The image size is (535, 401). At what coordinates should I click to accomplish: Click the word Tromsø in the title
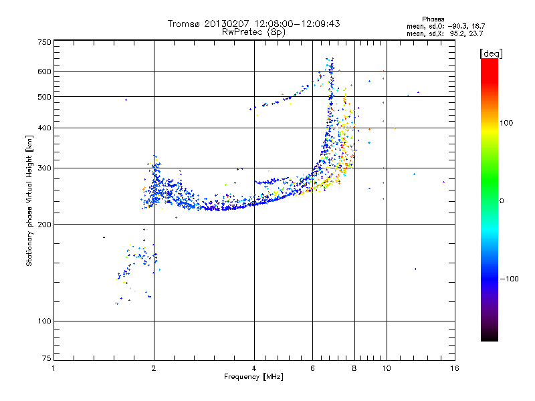pyautogui.click(x=184, y=23)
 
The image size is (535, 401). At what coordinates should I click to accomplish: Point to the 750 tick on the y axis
pyautogui.click(x=45, y=41)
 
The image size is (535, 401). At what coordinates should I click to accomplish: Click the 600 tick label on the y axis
pyautogui.click(x=45, y=72)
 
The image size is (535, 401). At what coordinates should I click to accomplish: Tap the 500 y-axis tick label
pyautogui.click(x=45, y=97)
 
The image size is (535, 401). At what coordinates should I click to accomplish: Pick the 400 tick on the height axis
pyautogui.click(x=45, y=128)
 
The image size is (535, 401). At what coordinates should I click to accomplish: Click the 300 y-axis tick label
pyautogui.click(x=45, y=168)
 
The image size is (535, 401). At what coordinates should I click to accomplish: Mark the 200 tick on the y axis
pyautogui.click(x=45, y=224)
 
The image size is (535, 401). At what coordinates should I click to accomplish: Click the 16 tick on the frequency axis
pyautogui.click(x=454, y=368)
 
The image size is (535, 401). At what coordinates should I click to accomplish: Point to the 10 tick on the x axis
pyautogui.click(x=386, y=368)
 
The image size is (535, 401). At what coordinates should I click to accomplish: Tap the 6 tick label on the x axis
pyautogui.click(x=312, y=368)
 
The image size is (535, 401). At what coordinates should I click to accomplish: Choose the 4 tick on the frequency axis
pyautogui.click(x=254, y=368)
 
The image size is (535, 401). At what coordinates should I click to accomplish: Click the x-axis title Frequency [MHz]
pyautogui.click(x=253, y=377)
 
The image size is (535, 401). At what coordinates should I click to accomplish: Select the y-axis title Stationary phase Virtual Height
pyautogui.click(x=29, y=200)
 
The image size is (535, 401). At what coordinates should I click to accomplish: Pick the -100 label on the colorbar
pyautogui.click(x=509, y=279)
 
